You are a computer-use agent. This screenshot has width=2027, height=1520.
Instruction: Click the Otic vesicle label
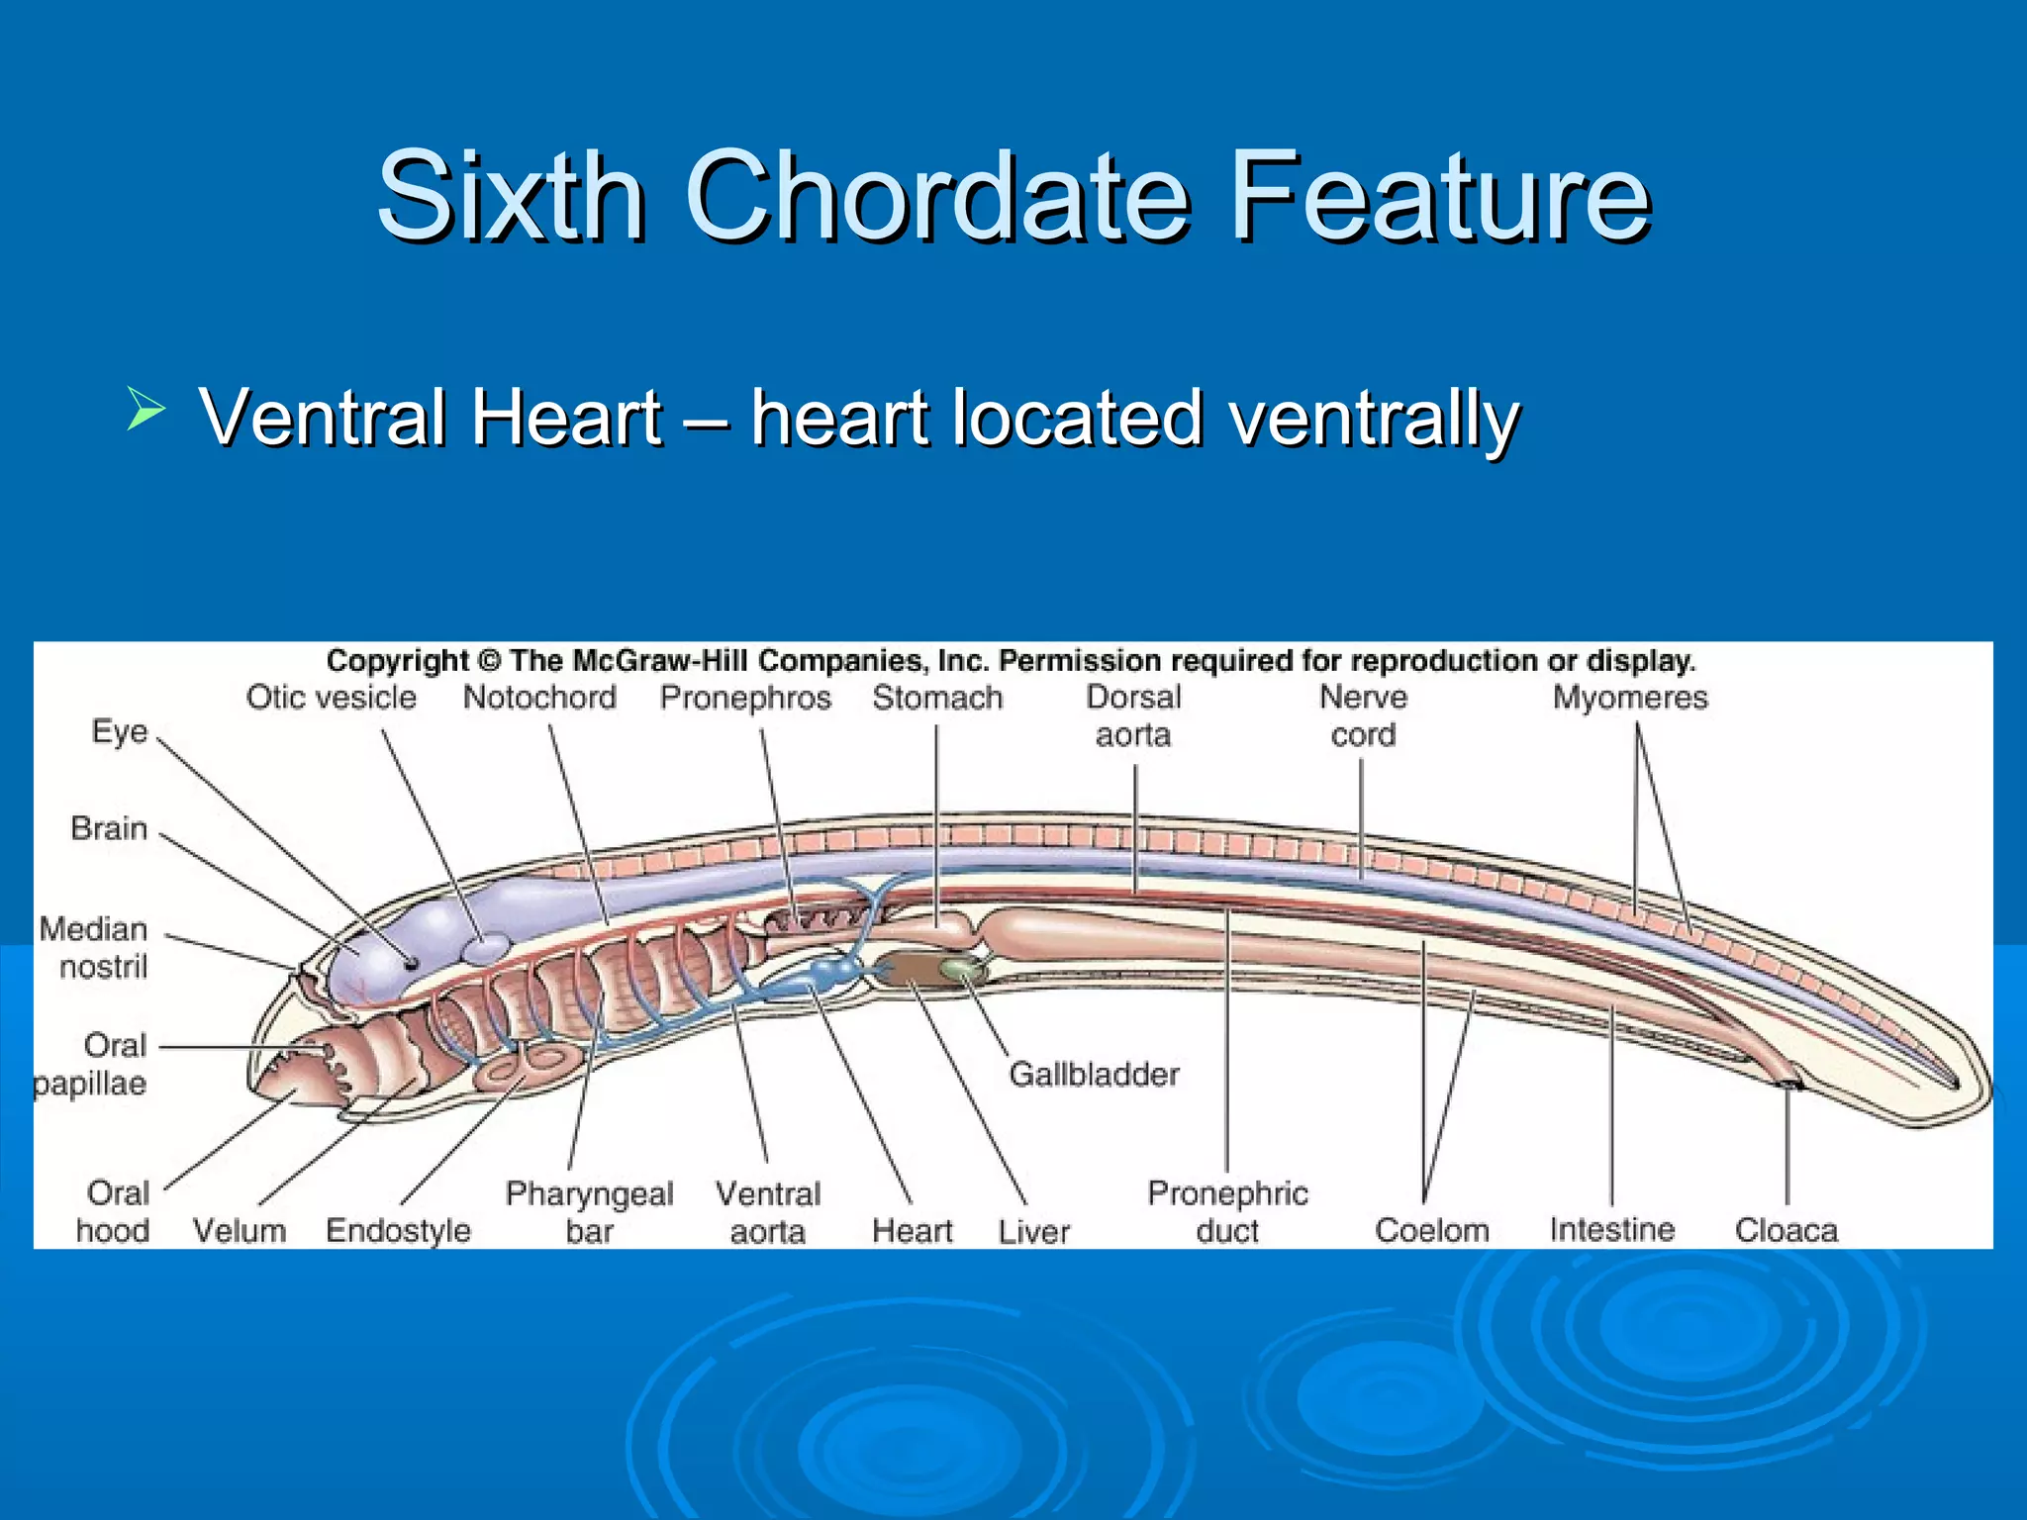tap(331, 698)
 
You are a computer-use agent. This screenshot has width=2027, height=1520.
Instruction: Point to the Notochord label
tap(539, 698)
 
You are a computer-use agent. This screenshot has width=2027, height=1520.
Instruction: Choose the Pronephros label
tap(745, 698)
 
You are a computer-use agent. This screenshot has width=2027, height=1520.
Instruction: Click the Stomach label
tap(937, 698)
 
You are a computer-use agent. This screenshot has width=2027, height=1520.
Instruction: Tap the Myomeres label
tap(1629, 698)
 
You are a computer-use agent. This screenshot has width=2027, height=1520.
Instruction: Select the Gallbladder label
tap(1094, 1075)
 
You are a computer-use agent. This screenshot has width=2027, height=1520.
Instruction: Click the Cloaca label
tap(1786, 1230)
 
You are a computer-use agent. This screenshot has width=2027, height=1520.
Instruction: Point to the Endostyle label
tap(398, 1230)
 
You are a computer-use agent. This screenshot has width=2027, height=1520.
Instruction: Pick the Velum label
tap(240, 1230)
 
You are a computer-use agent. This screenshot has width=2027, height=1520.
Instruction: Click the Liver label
tap(1033, 1231)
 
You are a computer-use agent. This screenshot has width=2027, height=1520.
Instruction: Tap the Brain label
tap(109, 828)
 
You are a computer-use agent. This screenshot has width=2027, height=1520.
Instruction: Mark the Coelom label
tap(1431, 1230)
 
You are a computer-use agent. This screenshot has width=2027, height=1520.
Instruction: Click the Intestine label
tap(1611, 1230)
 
